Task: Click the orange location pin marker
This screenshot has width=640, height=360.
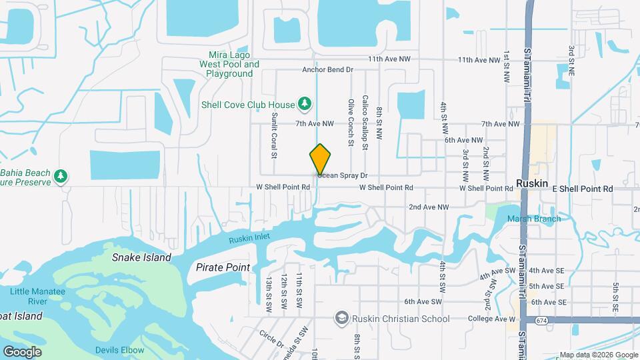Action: point(320,159)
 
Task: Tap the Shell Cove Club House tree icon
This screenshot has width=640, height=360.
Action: point(305,103)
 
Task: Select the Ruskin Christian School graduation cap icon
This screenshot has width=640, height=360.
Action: point(342,318)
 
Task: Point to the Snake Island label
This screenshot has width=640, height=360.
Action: point(141,257)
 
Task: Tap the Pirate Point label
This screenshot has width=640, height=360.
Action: point(223,267)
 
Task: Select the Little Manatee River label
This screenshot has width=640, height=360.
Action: point(37,296)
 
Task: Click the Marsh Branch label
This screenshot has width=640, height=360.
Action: point(534,219)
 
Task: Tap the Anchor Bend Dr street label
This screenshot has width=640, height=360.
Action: point(327,69)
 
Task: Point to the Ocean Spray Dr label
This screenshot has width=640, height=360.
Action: point(343,175)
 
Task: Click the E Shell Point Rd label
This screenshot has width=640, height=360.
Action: point(582,189)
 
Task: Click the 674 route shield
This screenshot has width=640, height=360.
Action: point(545,321)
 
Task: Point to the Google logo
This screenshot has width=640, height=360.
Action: point(22,351)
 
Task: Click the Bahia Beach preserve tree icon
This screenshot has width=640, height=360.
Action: point(61,176)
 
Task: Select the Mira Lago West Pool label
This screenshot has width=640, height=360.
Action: point(229,65)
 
